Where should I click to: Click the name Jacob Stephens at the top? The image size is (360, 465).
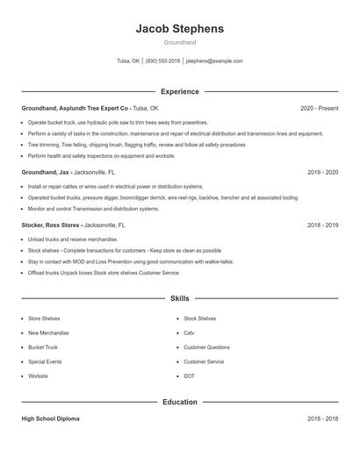[x=179, y=29]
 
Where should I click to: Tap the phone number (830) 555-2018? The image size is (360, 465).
[x=162, y=61]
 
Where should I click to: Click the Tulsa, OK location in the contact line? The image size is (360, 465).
[x=128, y=61]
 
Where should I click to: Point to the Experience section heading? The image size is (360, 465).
[x=179, y=91]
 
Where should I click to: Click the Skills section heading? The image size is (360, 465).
[x=179, y=299]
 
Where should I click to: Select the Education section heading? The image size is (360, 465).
[x=179, y=402]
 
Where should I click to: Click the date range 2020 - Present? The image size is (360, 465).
[x=319, y=108]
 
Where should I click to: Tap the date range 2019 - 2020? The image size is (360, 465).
[x=322, y=173]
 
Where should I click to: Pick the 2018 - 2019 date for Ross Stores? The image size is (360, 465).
[x=322, y=225]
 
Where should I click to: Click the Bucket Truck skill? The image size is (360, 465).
[x=43, y=347]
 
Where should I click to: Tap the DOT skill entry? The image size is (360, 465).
[x=189, y=376]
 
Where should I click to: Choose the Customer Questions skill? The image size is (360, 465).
[x=206, y=347]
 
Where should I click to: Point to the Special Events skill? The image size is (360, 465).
[x=45, y=361]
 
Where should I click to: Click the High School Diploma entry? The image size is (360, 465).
[x=50, y=418]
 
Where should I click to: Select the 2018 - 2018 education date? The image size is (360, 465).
[x=322, y=418]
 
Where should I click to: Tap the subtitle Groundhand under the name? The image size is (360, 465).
[x=179, y=42]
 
